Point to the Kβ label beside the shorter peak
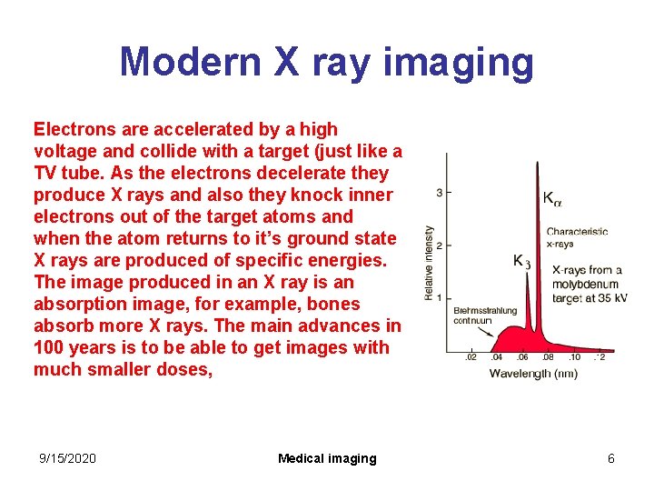[x=521, y=261]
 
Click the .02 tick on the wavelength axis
[x=471, y=357]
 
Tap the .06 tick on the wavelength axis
[x=522, y=357]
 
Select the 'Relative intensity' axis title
[x=428, y=263]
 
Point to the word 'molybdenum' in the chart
[x=586, y=284]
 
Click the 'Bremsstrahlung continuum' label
[x=484, y=316]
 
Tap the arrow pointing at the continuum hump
[x=490, y=331]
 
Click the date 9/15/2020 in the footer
[x=67, y=458]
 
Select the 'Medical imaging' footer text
[x=327, y=458]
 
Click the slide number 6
[x=611, y=458]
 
